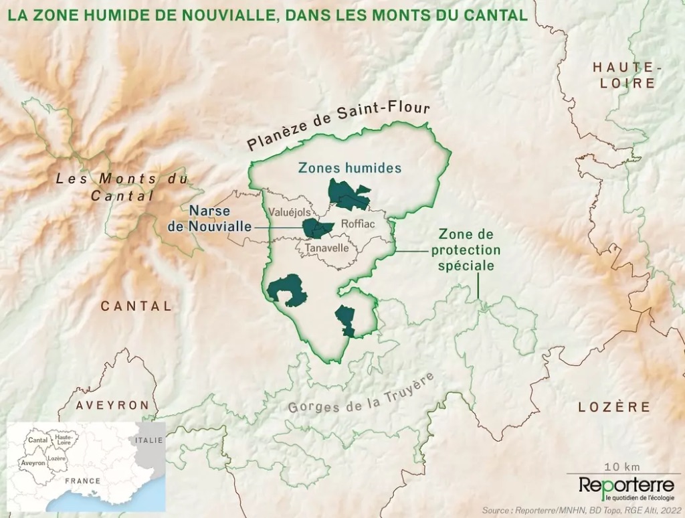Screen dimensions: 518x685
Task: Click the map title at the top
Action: pyautogui.click(x=268, y=14)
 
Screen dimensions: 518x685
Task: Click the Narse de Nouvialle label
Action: pyautogui.click(x=209, y=219)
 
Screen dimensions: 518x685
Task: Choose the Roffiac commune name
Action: pyautogui.click(x=359, y=224)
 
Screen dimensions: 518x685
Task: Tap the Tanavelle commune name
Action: pyautogui.click(x=326, y=248)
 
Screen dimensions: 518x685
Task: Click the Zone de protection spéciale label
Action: pyautogui.click(x=466, y=250)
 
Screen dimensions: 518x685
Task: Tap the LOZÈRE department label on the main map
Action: pyautogui.click(x=614, y=407)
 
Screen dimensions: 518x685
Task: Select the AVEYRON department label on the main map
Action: pyautogui.click(x=112, y=406)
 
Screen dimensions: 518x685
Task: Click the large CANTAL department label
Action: pyautogui.click(x=136, y=306)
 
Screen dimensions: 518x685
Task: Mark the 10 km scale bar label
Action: pyautogui.click(x=621, y=466)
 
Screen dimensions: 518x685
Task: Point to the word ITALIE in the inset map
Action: pyautogui.click(x=148, y=440)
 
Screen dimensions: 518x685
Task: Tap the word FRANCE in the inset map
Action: pyautogui.click(x=82, y=481)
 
